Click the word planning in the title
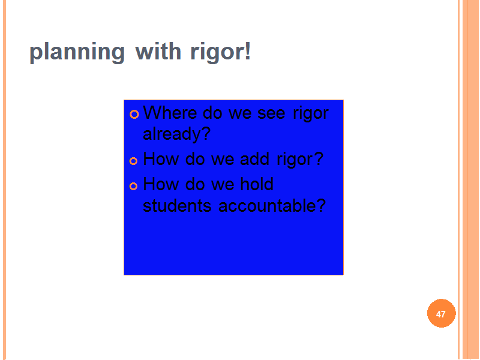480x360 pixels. pyautogui.click(x=77, y=52)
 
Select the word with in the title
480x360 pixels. pyautogui.click(x=158, y=51)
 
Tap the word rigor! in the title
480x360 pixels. pyautogui.click(x=220, y=52)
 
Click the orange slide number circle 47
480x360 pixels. pyautogui.click(x=441, y=313)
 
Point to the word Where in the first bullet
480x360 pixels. pyautogui.click(x=170, y=112)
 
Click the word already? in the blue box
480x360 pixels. pyautogui.click(x=176, y=134)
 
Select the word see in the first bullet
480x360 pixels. pyautogui.click(x=271, y=114)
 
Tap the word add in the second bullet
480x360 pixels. pyautogui.click(x=254, y=158)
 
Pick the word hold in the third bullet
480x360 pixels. pyautogui.click(x=257, y=184)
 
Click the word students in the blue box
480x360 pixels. pyautogui.click(x=177, y=205)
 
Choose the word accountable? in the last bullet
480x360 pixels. pyautogui.click(x=272, y=205)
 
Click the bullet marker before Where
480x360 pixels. pyautogui.click(x=134, y=114)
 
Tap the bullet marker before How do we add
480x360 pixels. pyautogui.click(x=133, y=161)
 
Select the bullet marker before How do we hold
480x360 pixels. pyautogui.click(x=133, y=186)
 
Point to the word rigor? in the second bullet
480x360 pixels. pyautogui.click(x=300, y=160)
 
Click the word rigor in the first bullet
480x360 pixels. pyautogui.click(x=310, y=114)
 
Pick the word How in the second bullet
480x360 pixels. pyautogui.click(x=161, y=158)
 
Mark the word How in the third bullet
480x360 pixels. pyautogui.click(x=161, y=184)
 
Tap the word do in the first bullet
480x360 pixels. pyautogui.click(x=212, y=112)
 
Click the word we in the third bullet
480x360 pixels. pyautogui.click(x=223, y=185)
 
